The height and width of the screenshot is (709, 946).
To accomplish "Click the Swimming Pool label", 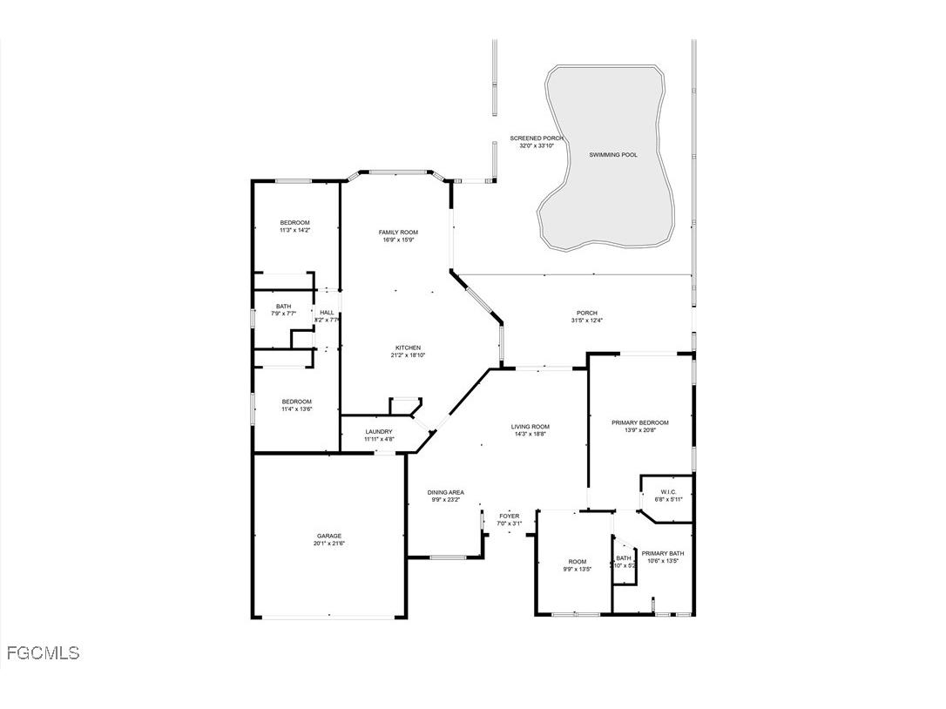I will tap(612, 155).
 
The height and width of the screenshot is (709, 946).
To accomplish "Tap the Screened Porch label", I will tap(537, 138).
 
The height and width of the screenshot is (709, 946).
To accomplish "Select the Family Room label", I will tap(398, 233).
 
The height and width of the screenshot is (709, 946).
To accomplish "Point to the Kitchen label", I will tap(408, 348).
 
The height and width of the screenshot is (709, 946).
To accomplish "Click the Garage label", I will tap(329, 536).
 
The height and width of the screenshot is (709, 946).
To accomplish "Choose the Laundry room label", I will tap(379, 431).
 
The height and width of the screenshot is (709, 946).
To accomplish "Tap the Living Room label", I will tap(530, 427).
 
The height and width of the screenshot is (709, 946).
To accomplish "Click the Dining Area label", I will tap(445, 492).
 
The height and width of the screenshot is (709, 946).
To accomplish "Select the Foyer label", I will tap(509, 516).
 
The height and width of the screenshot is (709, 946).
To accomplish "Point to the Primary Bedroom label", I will tap(640, 422).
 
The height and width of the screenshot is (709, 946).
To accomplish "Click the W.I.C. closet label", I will tap(668, 491).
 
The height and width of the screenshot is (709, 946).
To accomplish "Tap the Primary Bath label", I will tap(663, 553).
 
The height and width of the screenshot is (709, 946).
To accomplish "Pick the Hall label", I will tap(327, 313).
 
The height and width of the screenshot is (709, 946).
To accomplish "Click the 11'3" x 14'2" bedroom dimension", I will tap(294, 230).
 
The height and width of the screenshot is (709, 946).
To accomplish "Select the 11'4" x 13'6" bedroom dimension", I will tap(296, 409).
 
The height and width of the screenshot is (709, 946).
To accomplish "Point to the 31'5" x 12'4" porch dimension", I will tap(586, 321).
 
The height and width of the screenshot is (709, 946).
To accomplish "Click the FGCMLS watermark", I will tap(43, 652).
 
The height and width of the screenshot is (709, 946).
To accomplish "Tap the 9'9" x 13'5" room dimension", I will tap(578, 569).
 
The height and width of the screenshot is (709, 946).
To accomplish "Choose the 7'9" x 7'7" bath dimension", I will tap(284, 314).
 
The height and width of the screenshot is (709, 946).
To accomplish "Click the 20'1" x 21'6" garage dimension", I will tap(329, 544).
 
